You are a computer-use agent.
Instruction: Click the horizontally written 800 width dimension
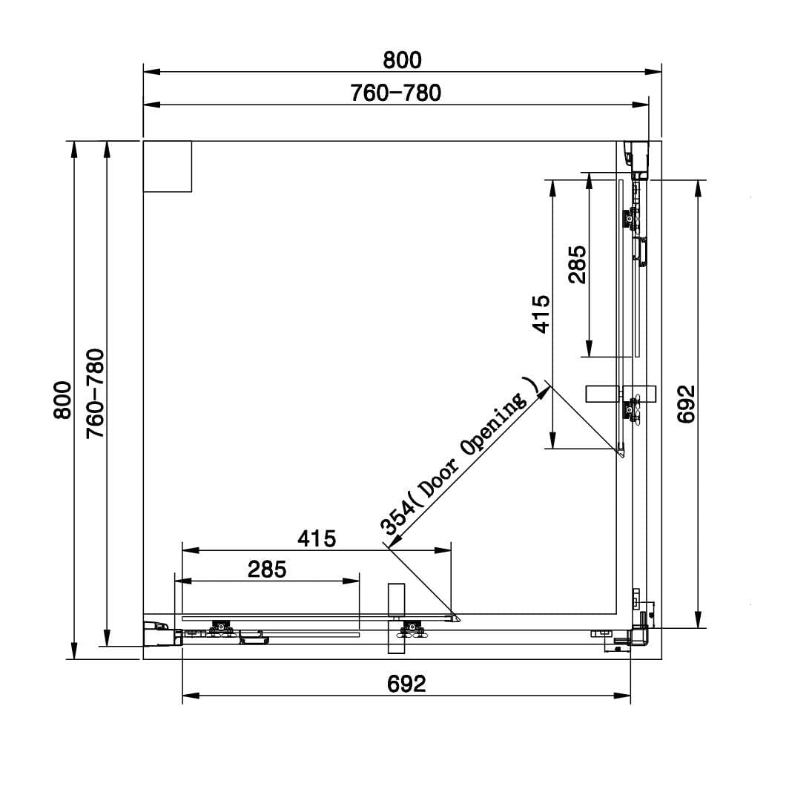[x=403, y=61]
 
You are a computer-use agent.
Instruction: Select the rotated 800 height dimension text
[x=62, y=400]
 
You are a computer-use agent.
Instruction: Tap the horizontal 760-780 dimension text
[x=396, y=93]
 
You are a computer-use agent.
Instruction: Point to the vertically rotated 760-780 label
[x=95, y=394]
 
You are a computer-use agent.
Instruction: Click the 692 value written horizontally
[x=406, y=684]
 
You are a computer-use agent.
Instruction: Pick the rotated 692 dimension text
[x=687, y=404]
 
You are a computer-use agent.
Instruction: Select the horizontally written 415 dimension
[x=317, y=539]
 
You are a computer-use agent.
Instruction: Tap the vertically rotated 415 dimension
[x=541, y=314]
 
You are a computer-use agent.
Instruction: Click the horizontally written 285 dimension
[x=267, y=570]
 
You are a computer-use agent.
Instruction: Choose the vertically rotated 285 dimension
[x=578, y=265]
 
